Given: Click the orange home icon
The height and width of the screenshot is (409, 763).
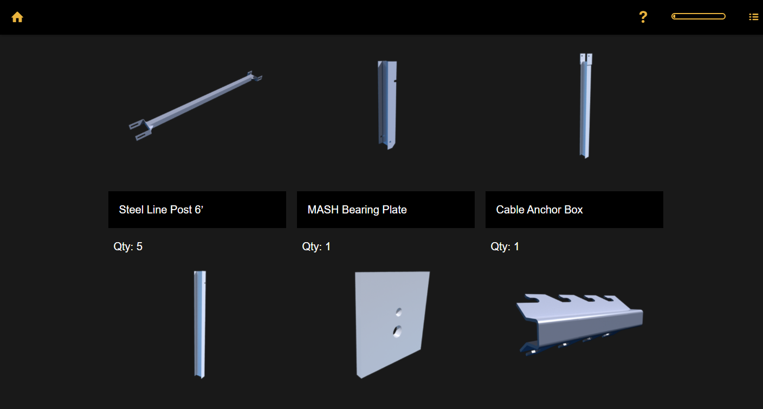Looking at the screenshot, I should click(x=17, y=17).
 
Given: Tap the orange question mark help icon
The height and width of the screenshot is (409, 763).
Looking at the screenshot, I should click(x=643, y=17).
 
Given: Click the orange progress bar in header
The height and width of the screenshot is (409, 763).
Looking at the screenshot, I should click(x=698, y=16).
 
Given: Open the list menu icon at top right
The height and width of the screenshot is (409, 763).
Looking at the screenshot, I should click(x=753, y=17).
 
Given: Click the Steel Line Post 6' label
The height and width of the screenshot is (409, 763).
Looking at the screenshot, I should click(x=161, y=210).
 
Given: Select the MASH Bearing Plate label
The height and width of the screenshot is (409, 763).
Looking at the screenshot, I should click(x=357, y=210).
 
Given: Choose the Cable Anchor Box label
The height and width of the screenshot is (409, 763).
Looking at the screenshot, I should click(x=539, y=210).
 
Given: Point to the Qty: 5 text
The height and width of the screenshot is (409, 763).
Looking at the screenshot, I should click(x=128, y=246).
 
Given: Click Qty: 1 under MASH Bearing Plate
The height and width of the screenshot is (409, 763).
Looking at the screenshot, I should click(x=316, y=246).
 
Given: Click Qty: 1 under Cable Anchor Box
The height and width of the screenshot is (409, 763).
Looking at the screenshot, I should click(x=505, y=246).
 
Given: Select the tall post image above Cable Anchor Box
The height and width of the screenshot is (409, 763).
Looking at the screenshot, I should click(x=584, y=106).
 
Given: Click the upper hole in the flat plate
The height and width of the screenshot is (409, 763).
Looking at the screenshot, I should click(x=399, y=311).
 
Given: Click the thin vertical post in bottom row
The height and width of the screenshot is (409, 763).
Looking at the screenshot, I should click(x=200, y=324).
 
